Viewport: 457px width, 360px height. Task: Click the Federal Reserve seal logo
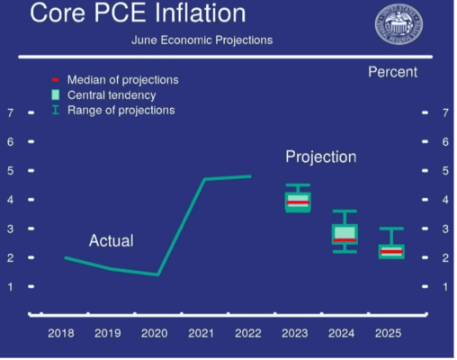click(x=399, y=26)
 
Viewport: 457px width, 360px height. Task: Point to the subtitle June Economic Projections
click(x=202, y=40)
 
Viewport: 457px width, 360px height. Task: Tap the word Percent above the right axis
click(x=393, y=71)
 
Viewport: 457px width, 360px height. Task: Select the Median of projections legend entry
click(x=122, y=79)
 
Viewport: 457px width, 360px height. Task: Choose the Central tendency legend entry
click(x=112, y=94)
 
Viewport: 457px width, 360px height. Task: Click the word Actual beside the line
click(x=111, y=240)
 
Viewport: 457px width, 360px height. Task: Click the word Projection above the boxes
click(x=320, y=157)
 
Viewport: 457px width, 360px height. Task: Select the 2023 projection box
click(x=297, y=201)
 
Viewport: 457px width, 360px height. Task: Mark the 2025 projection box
click(x=390, y=251)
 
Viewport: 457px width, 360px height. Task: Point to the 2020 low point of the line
click(x=157, y=274)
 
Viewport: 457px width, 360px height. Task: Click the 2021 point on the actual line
click(x=204, y=179)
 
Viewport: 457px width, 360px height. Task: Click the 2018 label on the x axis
click(x=61, y=333)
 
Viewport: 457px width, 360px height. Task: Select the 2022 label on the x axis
click(x=248, y=333)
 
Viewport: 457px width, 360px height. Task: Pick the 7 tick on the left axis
click(x=10, y=112)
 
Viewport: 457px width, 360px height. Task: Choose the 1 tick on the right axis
click(x=444, y=286)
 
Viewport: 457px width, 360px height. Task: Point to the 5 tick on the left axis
click(x=10, y=170)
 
